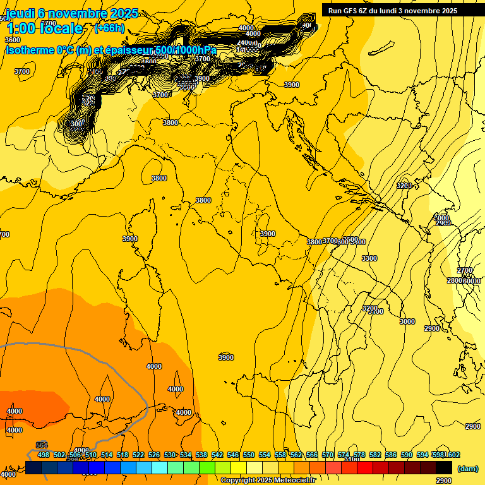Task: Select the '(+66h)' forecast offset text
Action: click(109, 28)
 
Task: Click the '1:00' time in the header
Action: click(20, 28)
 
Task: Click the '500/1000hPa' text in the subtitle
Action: click(186, 50)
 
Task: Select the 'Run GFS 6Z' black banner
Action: click(392, 10)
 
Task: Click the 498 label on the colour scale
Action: click(44, 455)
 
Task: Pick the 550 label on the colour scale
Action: click(249, 455)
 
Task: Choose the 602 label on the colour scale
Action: click(453, 455)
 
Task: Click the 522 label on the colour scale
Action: click(138, 455)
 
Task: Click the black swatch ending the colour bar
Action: click(444, 467)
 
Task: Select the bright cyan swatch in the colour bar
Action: click(160, 467)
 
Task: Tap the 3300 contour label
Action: click(369, 258)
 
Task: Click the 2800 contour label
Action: click(455, 280)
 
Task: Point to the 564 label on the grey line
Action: click(42, 445)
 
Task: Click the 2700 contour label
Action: click(465, 270)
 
